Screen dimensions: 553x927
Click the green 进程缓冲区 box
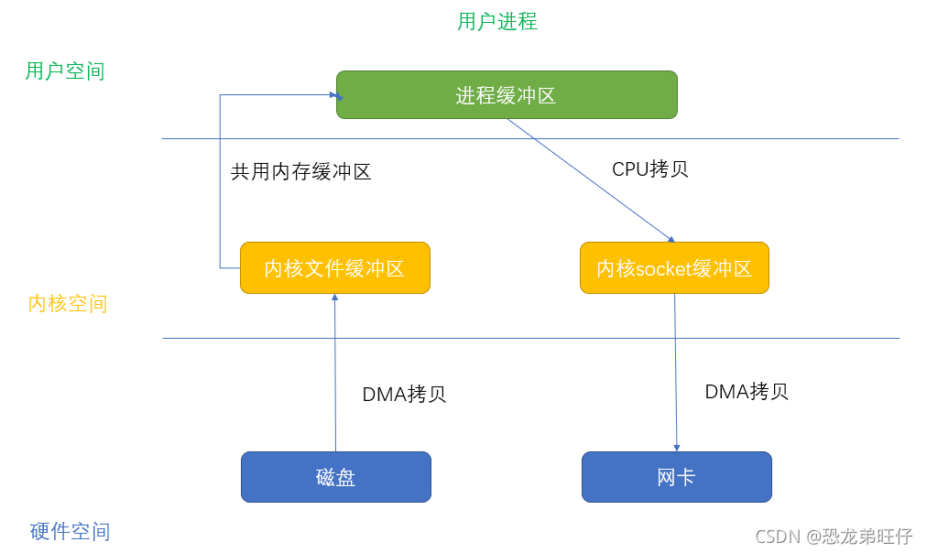tap(507, 95)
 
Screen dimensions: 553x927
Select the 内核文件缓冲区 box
tap(334, 267)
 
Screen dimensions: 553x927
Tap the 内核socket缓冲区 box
tap(674, 267)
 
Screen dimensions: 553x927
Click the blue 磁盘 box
tap(335, 476)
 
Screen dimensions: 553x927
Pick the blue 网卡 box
tap(676, 476)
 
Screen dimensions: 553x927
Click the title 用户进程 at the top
tap(497, 21)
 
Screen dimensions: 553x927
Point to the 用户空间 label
tap(65, 70)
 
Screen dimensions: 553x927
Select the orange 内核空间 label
tap(68, 303)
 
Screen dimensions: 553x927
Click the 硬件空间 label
tap(70, 531)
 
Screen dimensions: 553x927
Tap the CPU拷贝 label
tap(650, 168)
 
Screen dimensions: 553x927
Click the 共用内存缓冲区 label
tap(300, 171)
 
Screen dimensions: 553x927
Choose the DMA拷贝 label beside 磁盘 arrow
tap(404, 395)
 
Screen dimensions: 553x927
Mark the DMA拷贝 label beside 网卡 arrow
tap(747, 391)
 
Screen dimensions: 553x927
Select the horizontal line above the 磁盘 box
tap(531, 338)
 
